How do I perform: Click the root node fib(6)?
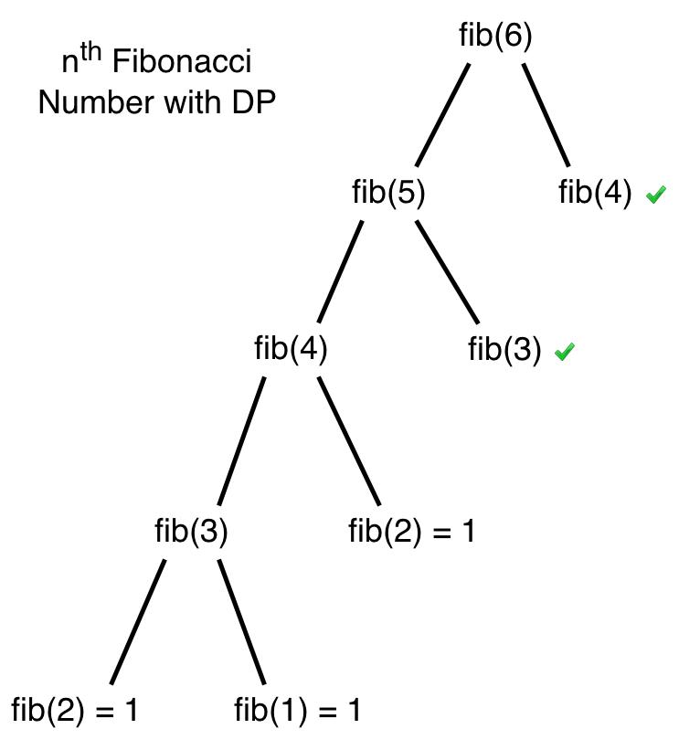(x=495, y=37)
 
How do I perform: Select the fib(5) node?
(x=388, y=193)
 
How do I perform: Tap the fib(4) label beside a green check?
(x=595, y=193)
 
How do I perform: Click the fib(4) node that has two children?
(x=291, y=349)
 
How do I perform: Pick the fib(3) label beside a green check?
(x=504, y=349)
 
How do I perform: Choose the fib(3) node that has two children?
(x=191, y=531)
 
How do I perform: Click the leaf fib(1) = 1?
(x=297, y=710)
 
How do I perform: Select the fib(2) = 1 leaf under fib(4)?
(x=412, y=531)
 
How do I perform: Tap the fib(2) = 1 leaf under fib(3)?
(x=74, y=710)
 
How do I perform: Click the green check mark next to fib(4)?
(x=656, y=194)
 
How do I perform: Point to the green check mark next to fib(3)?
(x=565, y=351)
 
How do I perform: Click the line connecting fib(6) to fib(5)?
(x=442, y=114)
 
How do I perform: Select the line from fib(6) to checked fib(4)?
(x=546, y=114)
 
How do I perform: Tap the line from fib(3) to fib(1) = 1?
(x=241, y=621)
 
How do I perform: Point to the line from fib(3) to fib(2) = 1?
(x=138, y=621)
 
